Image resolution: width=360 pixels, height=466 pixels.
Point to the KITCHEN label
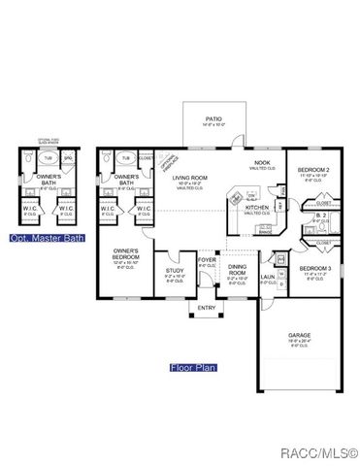pos(256,207)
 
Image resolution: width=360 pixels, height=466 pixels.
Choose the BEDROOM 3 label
pos(315,268)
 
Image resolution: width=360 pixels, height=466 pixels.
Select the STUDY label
pos(175,272)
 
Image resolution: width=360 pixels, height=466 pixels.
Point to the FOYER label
pos(207,260)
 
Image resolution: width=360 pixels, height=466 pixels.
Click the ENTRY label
pos(207,309)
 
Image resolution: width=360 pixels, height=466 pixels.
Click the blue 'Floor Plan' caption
pos(193,368)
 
